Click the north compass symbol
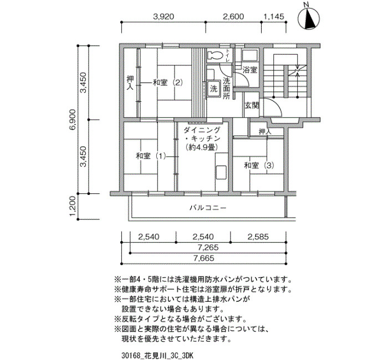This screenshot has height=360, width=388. point(309,18)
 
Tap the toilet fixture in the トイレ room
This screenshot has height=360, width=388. point(215,55)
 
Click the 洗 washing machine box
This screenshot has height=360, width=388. point(213,89)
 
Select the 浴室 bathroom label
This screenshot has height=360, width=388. point(249,70)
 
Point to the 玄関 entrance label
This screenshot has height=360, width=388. point(252,106)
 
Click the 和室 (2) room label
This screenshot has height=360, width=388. point(168,83)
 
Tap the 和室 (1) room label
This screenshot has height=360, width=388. point(151,156)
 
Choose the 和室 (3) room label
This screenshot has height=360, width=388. point(259,165)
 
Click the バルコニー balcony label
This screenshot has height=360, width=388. point(208,208)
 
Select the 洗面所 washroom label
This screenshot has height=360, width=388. point(226,88)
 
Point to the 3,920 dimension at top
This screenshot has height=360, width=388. point(164,17)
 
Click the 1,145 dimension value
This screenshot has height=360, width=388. point(274,17)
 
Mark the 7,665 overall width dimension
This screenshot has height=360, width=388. point(204,259)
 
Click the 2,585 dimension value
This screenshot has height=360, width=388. point(258,237)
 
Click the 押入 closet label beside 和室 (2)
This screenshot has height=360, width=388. point(130,83)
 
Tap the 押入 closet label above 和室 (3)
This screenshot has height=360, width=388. point(265,132)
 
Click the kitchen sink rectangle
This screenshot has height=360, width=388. point(221,173)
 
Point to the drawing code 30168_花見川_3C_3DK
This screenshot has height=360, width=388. point(157,356)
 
